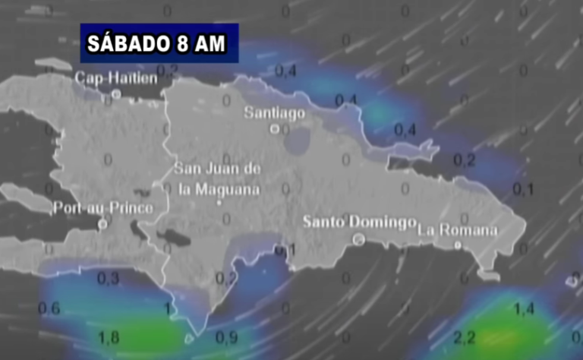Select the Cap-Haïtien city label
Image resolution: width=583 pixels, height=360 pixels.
116,77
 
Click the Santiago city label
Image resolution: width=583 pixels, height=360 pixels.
274,113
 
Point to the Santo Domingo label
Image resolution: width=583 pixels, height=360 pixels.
359,222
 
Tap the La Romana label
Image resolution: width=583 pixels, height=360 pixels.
458,229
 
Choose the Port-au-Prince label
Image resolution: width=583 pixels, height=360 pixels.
103,207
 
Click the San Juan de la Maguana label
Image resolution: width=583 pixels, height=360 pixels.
218,178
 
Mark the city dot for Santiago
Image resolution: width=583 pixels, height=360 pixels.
275,129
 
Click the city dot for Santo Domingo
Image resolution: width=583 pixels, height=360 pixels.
358,238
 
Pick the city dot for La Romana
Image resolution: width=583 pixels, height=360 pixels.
458,245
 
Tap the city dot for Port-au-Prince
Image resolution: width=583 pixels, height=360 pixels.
102,224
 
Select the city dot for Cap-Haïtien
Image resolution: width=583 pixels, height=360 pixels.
116,94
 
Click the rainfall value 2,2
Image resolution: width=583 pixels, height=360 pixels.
464,336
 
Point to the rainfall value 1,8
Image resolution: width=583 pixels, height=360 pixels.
109,336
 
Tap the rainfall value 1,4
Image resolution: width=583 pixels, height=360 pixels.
523,308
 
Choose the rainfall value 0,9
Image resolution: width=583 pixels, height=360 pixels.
226,336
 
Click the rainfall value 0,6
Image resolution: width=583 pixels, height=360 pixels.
49,308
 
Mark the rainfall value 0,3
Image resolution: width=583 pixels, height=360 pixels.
109,279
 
